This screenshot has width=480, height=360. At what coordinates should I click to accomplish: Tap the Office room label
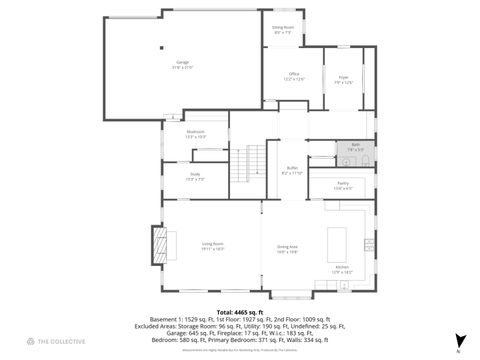click(295, 76)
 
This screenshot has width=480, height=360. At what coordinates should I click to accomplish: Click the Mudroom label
click(195, 134)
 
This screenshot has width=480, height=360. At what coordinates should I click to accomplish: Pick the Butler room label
click(291, 170)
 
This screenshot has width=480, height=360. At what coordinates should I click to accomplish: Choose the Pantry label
click(342, 185)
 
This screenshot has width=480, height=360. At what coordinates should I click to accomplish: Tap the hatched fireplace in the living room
click(159, 243)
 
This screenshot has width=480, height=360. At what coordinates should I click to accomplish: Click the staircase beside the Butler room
click(256, 160)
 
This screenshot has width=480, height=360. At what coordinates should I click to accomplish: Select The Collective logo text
click(48, 341)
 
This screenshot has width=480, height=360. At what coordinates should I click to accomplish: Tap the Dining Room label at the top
click(283, 30)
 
